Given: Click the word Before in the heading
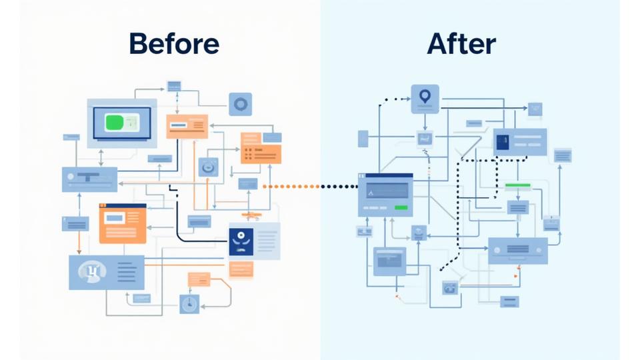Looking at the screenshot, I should (173, 43).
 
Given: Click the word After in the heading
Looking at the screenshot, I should (461, 43).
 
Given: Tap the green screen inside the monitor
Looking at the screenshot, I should (122, 121).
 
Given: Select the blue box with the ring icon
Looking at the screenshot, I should (240, 104).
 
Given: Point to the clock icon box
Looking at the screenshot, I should (189, 304).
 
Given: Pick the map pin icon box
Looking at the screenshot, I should (425, 98).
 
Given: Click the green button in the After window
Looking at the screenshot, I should (402, 209).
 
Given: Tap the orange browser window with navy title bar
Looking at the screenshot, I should (123, 223).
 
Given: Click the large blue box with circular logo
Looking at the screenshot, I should (107, 272).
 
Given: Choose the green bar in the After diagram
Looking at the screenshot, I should (517, 185).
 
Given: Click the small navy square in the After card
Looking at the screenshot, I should (503, 141).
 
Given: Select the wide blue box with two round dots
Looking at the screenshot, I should (517, 250).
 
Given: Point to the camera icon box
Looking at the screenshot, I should (450, 288).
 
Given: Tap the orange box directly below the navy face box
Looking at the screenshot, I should (241, 269).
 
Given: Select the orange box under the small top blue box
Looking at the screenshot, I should (187, 125).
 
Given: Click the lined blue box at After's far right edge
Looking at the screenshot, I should (562, 155).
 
